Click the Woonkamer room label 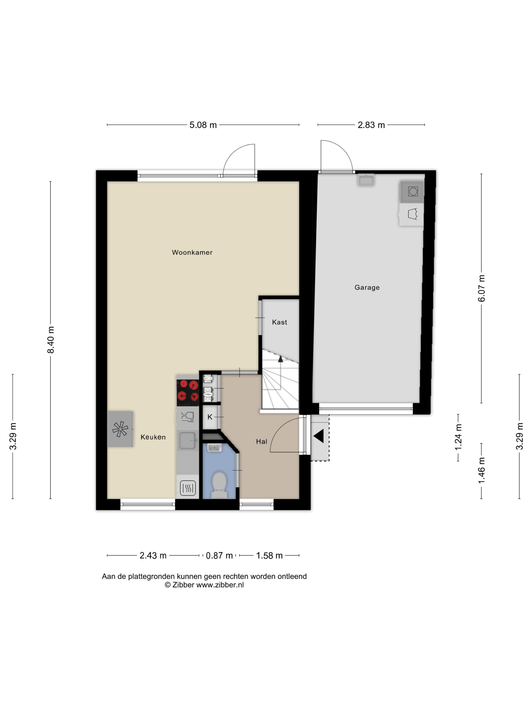192,252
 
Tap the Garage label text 367,287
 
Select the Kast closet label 279,322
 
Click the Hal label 261,441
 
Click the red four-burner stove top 188,391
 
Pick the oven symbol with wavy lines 188,488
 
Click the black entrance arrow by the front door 319,436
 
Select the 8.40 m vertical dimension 51,340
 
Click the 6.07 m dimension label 481,288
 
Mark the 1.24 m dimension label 458,437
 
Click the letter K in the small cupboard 210,417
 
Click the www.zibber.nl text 220,585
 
